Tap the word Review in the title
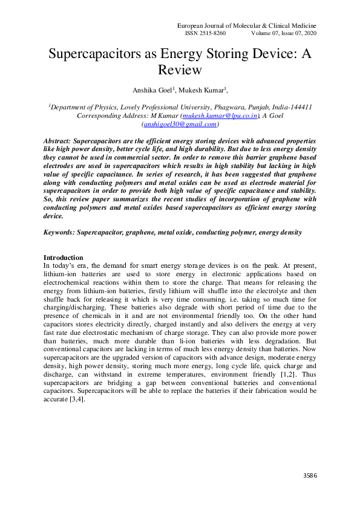180,70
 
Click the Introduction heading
64,258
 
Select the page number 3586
310,475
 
